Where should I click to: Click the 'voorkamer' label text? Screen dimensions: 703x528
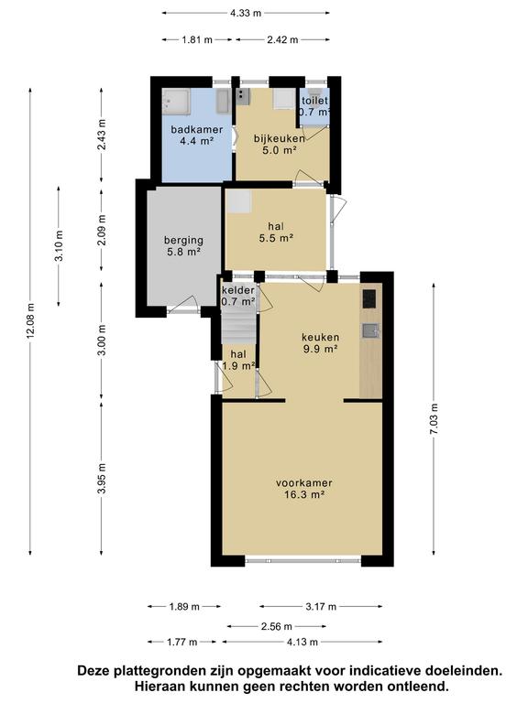tap(303, 482)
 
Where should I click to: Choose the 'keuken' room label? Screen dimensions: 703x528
tap(321, 336)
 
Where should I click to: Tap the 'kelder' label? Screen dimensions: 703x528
tap(238, 291)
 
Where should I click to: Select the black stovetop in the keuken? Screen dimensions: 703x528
tap(369, 298)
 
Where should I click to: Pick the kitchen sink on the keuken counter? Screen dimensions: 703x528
tap(369, 331)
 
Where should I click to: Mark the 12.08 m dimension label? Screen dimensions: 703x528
tap(31, 320)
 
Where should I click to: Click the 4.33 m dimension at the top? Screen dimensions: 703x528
tap(245, 13)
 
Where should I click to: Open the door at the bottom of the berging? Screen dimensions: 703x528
tap(187, 306)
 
